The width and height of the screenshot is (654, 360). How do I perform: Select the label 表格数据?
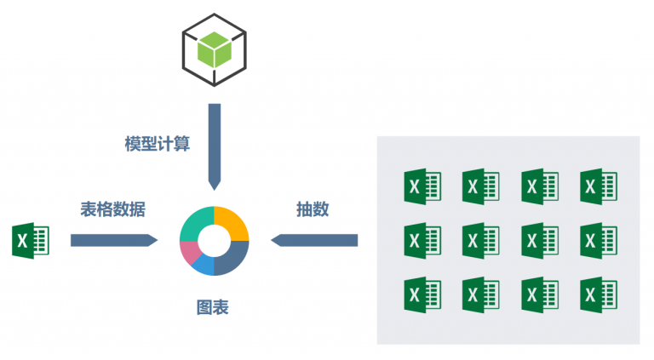(113, 209)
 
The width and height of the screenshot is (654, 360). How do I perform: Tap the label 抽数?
(313, 209)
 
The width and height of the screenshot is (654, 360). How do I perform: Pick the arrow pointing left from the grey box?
(314, 241)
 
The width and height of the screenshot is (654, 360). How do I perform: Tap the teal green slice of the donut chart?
(195, 223)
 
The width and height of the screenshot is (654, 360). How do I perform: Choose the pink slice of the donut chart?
(189, 252)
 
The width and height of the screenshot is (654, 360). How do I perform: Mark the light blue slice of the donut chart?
(204, 266)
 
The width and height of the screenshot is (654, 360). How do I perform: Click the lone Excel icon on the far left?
(30, 241)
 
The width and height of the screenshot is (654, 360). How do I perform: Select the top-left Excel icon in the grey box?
(422, 186)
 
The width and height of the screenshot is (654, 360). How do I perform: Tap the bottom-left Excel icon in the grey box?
(422, 294)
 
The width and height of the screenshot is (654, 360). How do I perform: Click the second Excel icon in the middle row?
(480, 240)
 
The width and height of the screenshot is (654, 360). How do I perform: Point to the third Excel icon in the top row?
(539, 186)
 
